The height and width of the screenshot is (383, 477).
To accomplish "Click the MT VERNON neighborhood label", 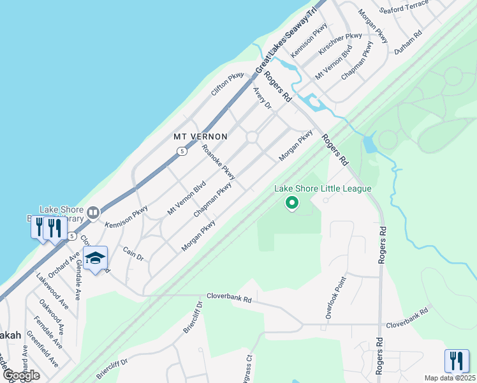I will tap(201, 137).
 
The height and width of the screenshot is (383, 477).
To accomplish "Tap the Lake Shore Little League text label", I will tap(323, 188).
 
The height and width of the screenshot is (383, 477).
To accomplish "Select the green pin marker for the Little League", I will tap(292, 204).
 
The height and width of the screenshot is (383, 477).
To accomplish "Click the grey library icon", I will tap(93, 213).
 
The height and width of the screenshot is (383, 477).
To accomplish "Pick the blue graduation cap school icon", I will tap(95, 259).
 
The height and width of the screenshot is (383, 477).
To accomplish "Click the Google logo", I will tap(20, 375).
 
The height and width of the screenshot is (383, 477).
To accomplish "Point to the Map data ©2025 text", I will tap(450, 378).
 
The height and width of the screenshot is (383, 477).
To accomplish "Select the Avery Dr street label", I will tap(262, 98).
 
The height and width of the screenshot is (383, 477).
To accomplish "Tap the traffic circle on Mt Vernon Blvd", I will tap(252, 137).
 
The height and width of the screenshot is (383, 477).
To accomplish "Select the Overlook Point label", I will tap(335, 297).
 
